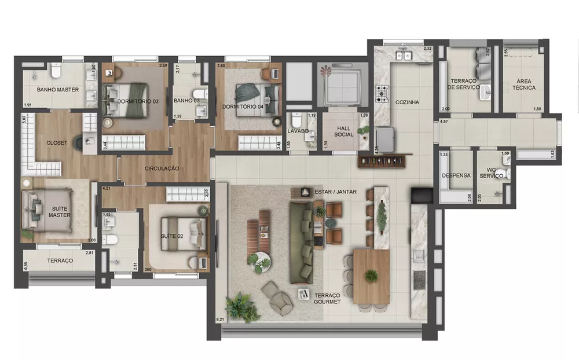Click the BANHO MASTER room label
(x=57, y=90)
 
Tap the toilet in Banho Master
(x=56, y=71)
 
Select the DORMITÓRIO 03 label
(x=138, y=101)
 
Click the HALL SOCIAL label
(x=343, y=131)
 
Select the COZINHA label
(x=407, y=102)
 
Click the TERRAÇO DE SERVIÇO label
(x=463, y=85)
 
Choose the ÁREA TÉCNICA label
(x=523, y=85)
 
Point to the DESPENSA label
(x=455, y=175)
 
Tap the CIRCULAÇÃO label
(x=162, y=168)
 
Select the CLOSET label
(x=57, y=142)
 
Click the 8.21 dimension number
(x=220, y=319)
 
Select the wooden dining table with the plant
(x=371, y=277)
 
